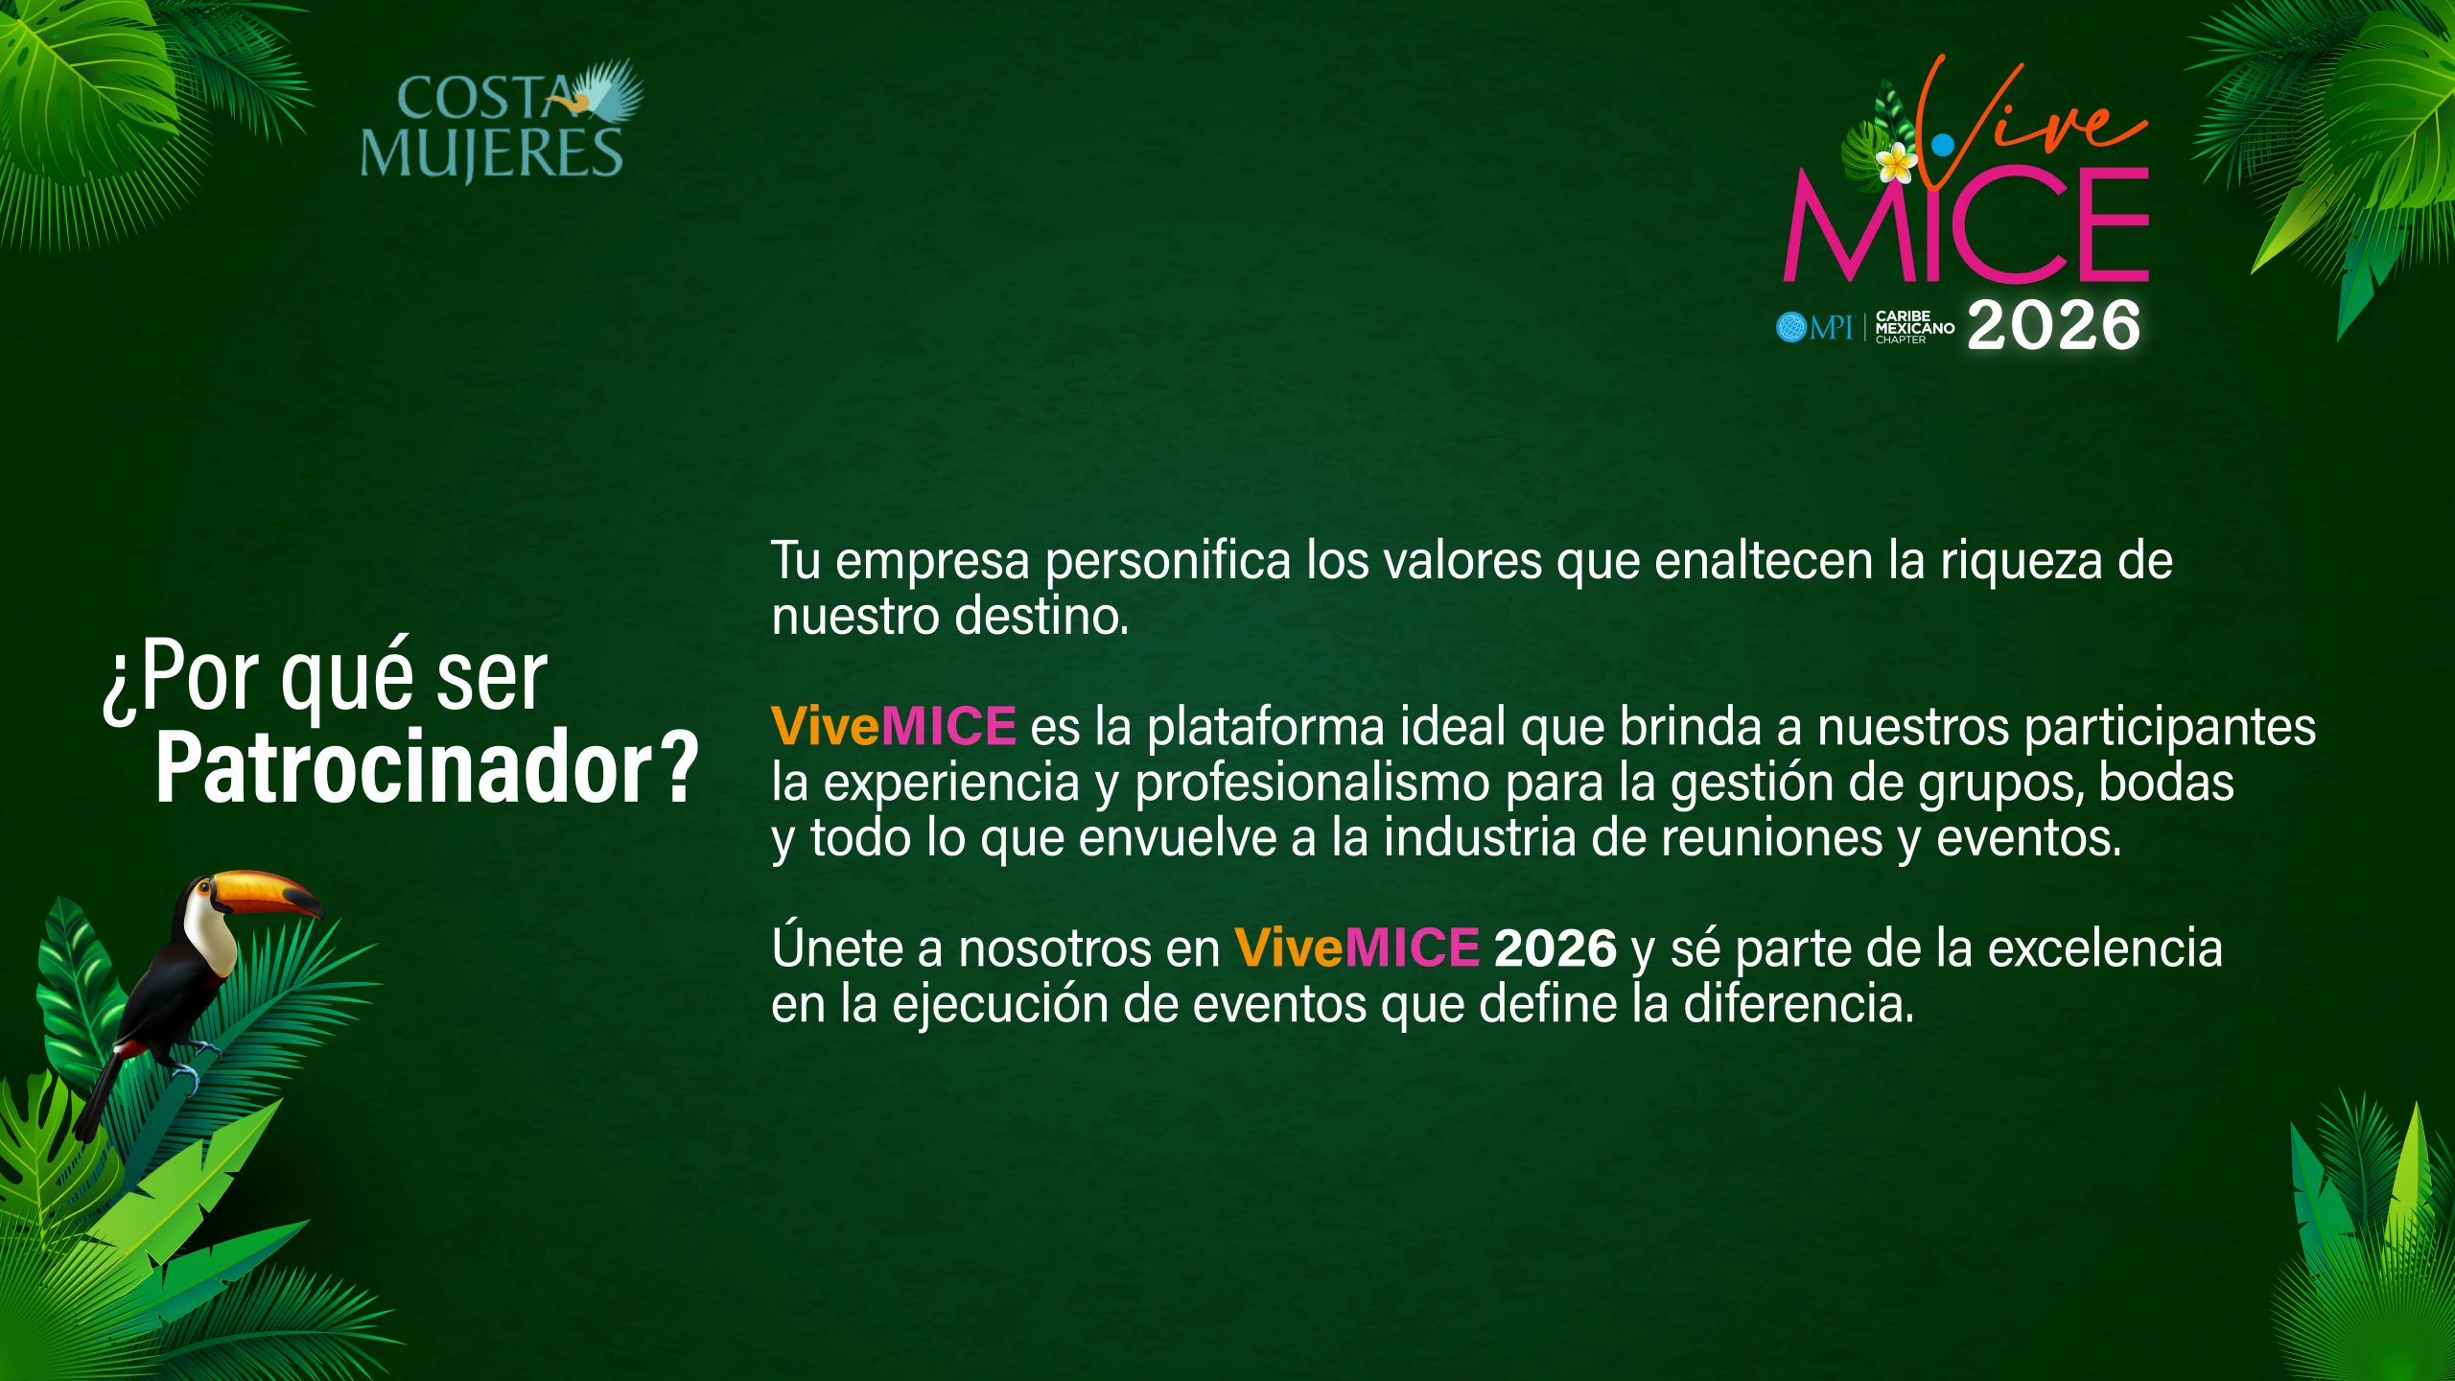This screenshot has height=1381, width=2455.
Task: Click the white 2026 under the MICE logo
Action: [x=2053, y=326]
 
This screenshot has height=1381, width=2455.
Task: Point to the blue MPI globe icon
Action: [x=1790, y=327]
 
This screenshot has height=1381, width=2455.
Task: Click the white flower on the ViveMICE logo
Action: [x=1896, y=164]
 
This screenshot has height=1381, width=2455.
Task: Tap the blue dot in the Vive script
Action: [x=1943, y=145]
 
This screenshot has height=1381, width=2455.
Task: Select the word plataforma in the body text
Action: [x=1266, y=727]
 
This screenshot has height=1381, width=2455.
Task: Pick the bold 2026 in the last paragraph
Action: [x=1555, y=948]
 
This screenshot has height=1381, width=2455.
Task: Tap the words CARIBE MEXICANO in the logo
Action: [x=1914, y=321]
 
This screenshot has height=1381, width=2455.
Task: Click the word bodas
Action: [x=2166, y=782]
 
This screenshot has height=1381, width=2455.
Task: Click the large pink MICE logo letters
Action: [x=1966, y=225]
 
